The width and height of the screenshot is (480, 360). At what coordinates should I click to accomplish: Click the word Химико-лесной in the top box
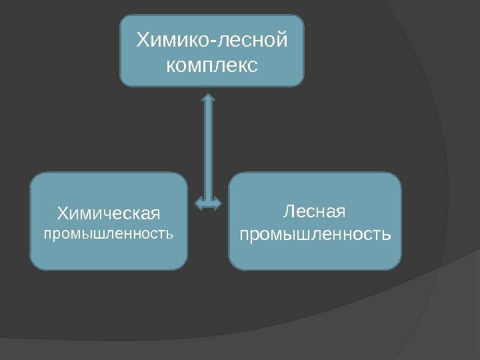click(x=212, y=41)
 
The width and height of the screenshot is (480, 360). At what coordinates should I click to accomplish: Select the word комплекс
click(x=212, y=66)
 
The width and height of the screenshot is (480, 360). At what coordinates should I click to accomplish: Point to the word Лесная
click(x=315, y=212)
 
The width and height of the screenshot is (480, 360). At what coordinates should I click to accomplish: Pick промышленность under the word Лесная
click(x=315, y=235)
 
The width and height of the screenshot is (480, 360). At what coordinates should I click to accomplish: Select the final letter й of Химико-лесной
click(x=282, y=41)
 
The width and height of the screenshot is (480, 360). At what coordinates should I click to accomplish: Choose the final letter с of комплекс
click(x=252, y=67)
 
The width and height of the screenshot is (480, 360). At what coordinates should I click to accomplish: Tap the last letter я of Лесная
click(x=341, y=213)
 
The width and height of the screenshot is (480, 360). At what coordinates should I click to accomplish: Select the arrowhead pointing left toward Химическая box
click(x=199, y=201)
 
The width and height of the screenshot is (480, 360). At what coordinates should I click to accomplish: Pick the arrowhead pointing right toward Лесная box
click(x=219, y=201)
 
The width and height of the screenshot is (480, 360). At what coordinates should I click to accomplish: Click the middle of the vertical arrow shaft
click(x=209, y=150)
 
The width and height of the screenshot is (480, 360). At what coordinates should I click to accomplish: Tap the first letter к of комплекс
click(x=171, y=67)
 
